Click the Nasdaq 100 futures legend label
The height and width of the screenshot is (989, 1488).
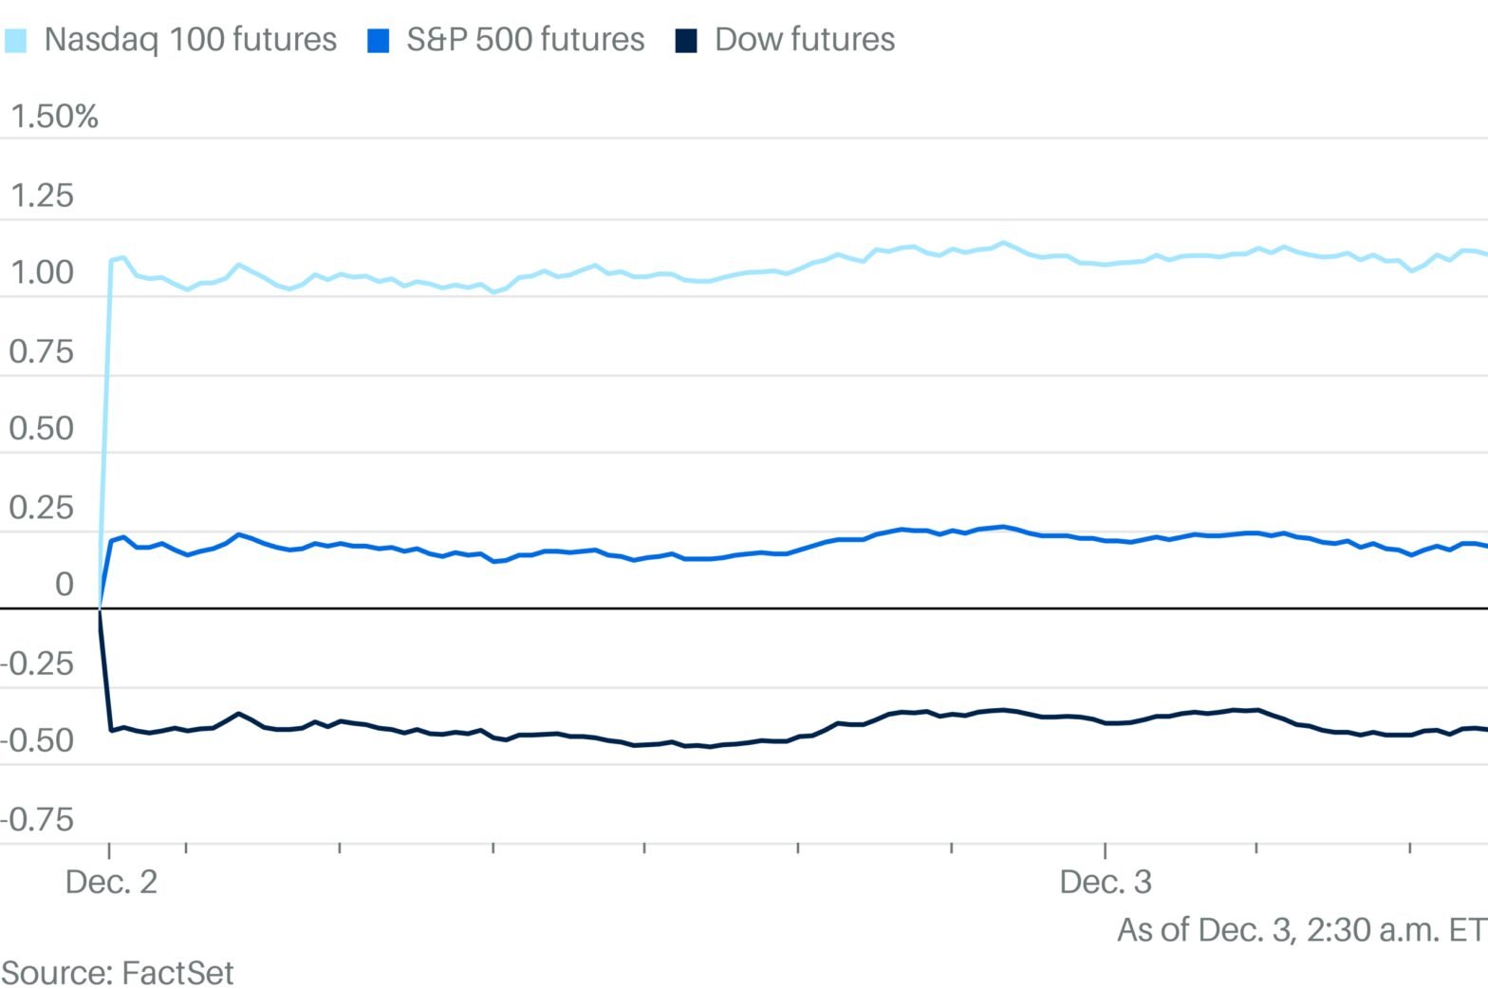click(190, 40)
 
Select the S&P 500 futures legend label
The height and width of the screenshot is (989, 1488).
click(525, 40)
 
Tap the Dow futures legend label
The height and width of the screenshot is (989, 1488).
click(804, 40)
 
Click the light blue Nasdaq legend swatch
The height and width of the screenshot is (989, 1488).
click(16, 41)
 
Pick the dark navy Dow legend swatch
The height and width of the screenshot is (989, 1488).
click(685, 41)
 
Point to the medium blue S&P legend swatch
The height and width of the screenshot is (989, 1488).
click(378, 41)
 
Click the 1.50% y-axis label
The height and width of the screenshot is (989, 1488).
click(54, 117)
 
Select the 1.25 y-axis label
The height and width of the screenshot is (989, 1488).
click(41, 196)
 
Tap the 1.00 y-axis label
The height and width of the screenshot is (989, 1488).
click(41, 273)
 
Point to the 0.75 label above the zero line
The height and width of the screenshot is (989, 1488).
click(41, 352)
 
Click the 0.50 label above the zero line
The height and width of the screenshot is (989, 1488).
click(41, 429)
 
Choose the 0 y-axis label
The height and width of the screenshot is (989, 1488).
click(64, 585)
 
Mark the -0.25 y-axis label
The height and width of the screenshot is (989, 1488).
click(37, 663)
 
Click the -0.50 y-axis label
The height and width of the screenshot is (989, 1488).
click(37, 741)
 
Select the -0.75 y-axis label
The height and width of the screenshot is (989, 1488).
click(37, 819)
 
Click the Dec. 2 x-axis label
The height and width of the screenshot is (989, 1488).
click(111, 882)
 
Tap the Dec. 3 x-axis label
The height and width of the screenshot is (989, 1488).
click(1105, 882)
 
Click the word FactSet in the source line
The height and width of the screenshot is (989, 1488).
click(177, 973)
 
